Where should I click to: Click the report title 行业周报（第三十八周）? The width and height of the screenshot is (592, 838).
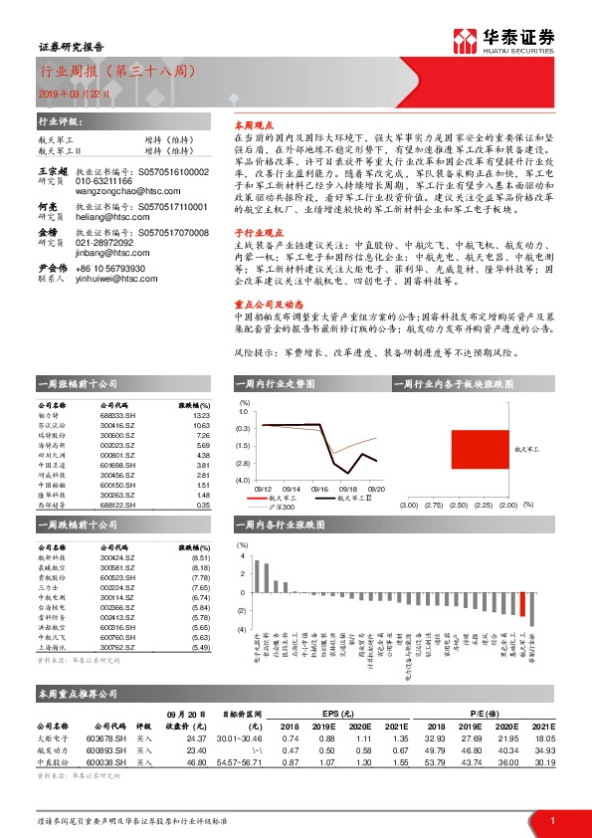(x=117, y=73)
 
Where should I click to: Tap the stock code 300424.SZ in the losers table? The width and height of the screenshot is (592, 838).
(x=118, y=558)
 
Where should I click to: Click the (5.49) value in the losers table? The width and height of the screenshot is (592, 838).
(x=199, y=648)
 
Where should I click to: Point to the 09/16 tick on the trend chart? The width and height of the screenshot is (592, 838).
(x=320, y=489)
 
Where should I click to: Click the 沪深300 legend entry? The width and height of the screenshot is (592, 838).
(x=275, y=508)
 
